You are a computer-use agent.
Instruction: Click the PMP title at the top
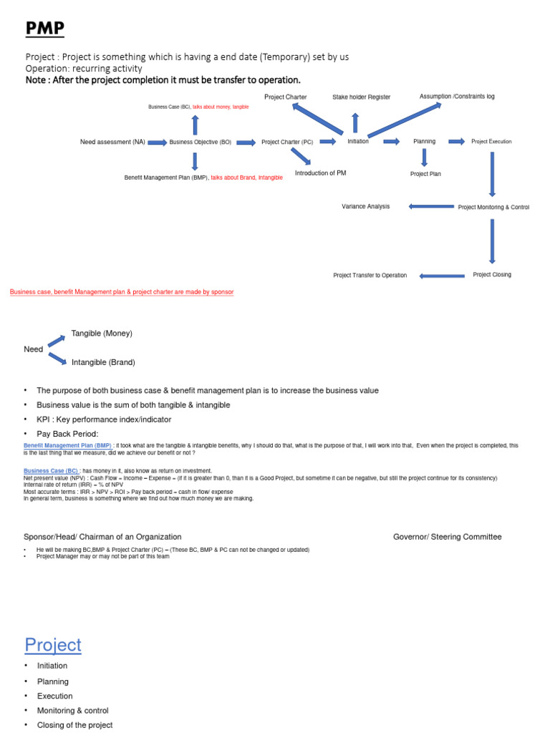pos(44,29)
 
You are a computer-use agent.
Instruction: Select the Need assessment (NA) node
pos(112,142)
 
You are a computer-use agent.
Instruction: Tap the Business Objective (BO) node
pos(201,142)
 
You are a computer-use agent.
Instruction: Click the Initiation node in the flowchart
pos(358,142)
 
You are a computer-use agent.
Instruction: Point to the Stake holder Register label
pos(361,97)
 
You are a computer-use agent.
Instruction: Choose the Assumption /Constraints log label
pos(457,96)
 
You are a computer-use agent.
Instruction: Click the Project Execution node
pos(491,142)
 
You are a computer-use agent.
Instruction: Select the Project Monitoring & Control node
pos(493,207)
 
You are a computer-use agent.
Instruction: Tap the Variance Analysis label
pos(366,206)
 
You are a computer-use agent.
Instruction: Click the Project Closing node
pos(492,275)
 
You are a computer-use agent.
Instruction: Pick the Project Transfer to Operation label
pos(370,276)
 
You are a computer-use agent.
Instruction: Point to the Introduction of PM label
pos(321,173)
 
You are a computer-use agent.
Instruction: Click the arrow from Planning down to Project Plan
pos(425,157)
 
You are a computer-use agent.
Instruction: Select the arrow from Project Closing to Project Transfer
pos(442,276)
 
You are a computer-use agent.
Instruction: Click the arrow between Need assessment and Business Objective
pos(157,142)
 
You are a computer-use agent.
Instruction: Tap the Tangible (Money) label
pos(102,334)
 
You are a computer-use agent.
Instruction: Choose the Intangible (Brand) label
pos(103,362)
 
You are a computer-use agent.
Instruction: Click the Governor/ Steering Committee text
pos(448,537)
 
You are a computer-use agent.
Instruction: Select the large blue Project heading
pos(53,645)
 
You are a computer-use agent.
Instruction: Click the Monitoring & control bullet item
pos(73,711)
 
